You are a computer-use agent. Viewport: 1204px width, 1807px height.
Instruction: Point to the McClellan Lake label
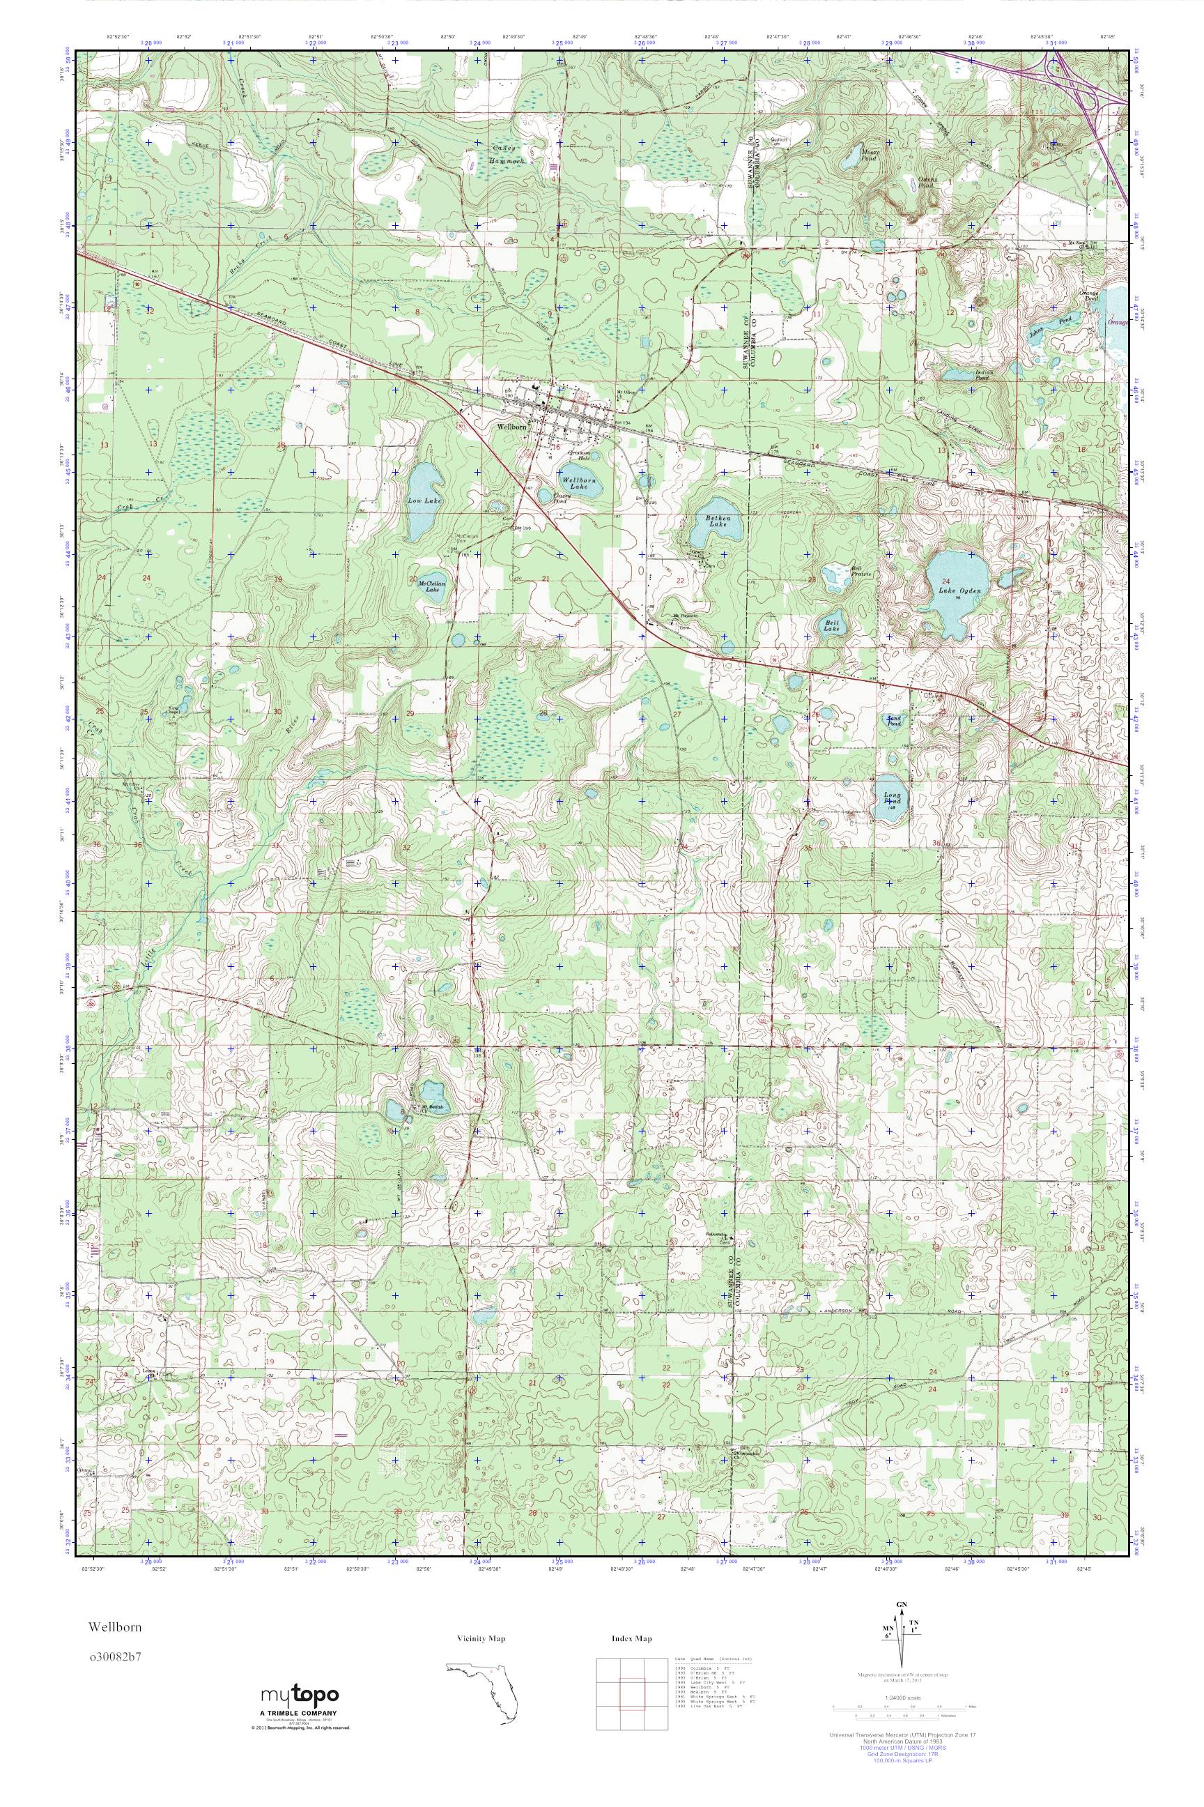click(429, 586)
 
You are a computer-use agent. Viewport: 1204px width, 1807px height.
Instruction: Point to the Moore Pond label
click(871, 155)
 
